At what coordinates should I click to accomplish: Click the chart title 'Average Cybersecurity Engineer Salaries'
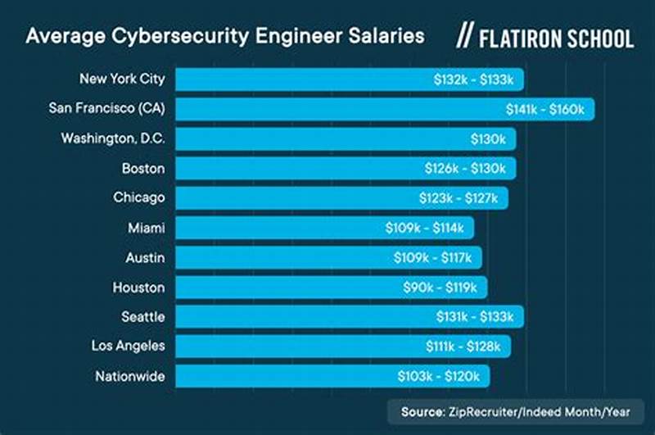coord(225,36)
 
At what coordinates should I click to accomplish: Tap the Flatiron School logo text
coord(557,38)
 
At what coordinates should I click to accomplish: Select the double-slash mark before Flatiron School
coord(464,38)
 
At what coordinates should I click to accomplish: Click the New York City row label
coord(122,79)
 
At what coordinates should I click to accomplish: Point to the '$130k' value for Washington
coord(488,139)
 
